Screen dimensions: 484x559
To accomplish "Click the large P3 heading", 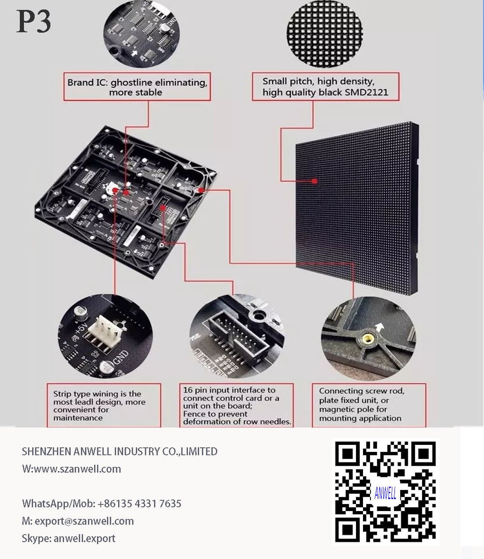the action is pyautogui.click(x=34, y=21).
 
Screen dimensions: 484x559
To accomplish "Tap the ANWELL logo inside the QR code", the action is pyautogui.click(x=385, y=494).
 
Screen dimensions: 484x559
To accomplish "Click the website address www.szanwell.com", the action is pyautogui.click(x=77, y=469).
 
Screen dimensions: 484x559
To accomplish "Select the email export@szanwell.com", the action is pyautogui.click(x=84, y=521).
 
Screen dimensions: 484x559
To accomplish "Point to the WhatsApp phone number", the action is pyautogui.click(x=139, y=504).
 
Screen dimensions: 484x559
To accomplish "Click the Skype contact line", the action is pyautogui.click(x=68, y=538).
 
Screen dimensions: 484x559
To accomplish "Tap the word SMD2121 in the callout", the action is pyautogui.click(x=367, y=93).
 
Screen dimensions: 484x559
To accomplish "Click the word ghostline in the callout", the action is pyautogui.click(x=131, y=82).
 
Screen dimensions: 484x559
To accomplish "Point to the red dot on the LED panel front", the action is pyautogui.click(x=314, y=181).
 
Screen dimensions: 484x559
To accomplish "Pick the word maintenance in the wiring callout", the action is pyautogui.click(x=78, y=418).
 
